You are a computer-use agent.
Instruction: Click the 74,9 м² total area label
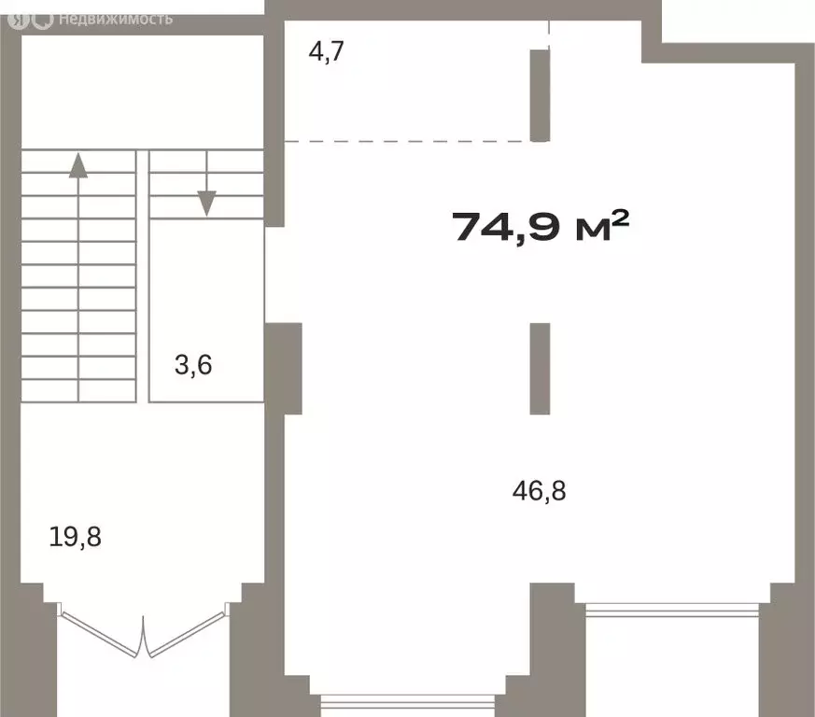[541, 227]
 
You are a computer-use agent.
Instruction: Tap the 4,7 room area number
[327, 51]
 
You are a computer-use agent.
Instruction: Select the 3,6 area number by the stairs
[193, 365]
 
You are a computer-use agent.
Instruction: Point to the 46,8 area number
[539, 491]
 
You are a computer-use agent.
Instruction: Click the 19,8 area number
[75, 537]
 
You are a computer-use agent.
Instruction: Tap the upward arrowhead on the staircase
[78, 165]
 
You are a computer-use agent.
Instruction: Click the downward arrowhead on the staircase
[207, 204]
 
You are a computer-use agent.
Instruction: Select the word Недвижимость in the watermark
[116, 20]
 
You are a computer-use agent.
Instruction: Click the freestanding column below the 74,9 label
[540, 369]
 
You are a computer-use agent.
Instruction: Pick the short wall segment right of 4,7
[540, 95]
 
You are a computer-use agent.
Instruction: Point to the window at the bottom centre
[407, 701]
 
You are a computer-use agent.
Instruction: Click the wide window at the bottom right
[672, 610]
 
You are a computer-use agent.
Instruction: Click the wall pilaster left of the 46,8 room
[284, 369]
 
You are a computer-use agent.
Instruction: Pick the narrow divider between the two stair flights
[143, 276]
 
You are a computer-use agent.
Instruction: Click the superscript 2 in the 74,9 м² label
[621, 218]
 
